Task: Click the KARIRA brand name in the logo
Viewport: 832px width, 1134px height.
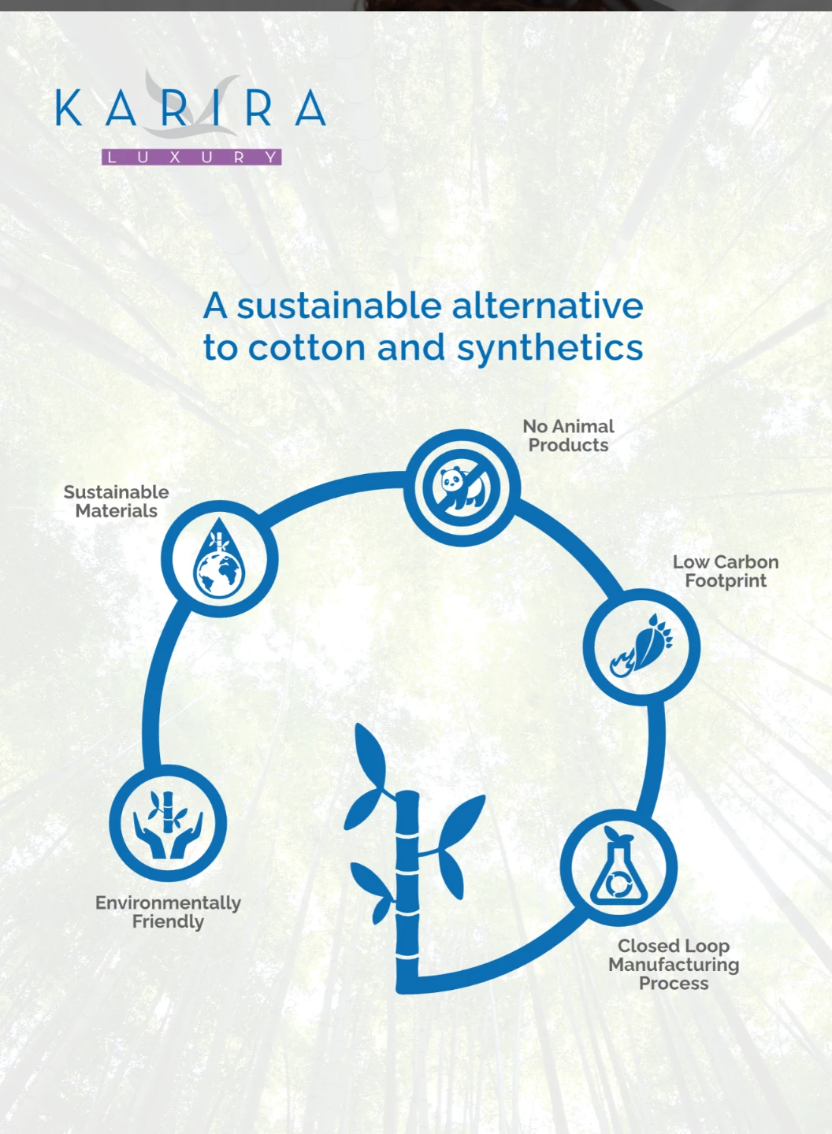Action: pos(191,108)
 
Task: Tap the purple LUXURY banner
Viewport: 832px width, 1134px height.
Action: pos(191,157)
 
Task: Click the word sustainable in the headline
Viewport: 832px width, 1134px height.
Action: pos(340,306)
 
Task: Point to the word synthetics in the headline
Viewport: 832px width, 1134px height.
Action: pos(550,350)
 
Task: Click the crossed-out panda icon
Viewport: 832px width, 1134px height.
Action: pos(462,487)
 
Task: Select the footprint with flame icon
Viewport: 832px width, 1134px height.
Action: pos(641,646)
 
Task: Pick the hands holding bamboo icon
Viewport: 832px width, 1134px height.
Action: pos(168,825)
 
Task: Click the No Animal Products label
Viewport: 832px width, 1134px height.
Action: pos(568,435)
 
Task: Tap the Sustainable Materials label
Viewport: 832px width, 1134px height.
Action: pos(117,501)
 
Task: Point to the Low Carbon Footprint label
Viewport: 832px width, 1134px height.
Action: pos(726,572)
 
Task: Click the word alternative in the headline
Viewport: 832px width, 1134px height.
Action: pos(548,306)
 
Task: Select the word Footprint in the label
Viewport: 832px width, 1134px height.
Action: pos(726,581)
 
